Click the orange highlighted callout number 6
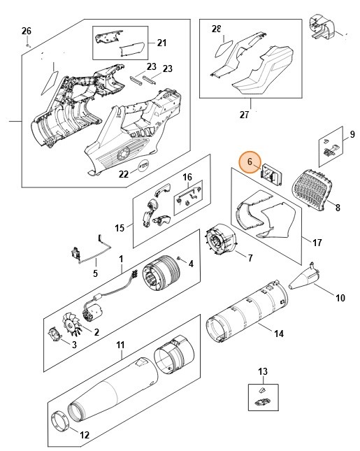pos(249,162)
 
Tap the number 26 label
pos(27,31)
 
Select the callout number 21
pos(161,43)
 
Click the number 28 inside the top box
pos(216,29)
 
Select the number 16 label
pos(187,178)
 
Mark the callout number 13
pos(263,371)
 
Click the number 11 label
pos(120,345)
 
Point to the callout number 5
pos(95,273)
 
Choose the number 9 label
pos(352,134)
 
